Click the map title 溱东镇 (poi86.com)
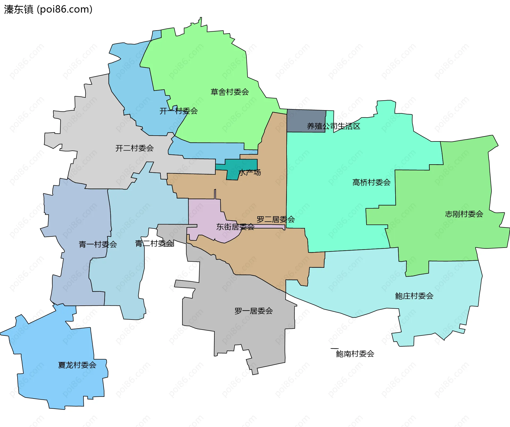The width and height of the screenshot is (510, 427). pyautogui.click(x=48, y=9)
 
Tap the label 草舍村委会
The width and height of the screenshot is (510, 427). pyautogui.click(x=230, y=92)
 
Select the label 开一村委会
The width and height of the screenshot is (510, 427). pyautogui.click(x=178, y=111)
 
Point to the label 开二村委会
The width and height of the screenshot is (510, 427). pyautogui.click(x=134, y=148)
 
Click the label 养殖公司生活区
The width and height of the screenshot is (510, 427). pyautogui.click(x=333, y=126)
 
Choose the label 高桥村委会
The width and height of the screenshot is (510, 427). pyautogui.click(x=371, y=182)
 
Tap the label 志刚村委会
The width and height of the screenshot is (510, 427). pyautogui.click(x=464, y=214)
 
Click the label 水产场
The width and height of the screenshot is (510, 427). pyautogui.click(x=250, y=172)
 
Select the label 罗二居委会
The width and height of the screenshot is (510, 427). pyautogui.click(x=276, y=219)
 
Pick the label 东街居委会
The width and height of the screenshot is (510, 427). pyautogui.click(x=235, y=227)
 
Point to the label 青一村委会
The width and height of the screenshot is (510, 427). pyautogui.click(x=98, y=244)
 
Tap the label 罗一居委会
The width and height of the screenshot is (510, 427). pyautogui.click(x=254, y=311)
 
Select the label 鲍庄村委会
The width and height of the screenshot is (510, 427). pyautogui.click(x=414, y=296)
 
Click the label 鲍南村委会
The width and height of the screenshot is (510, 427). pyautogui.click(x=355, y=353)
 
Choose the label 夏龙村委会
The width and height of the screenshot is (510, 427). pyautogui.click(x=77, y=365)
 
